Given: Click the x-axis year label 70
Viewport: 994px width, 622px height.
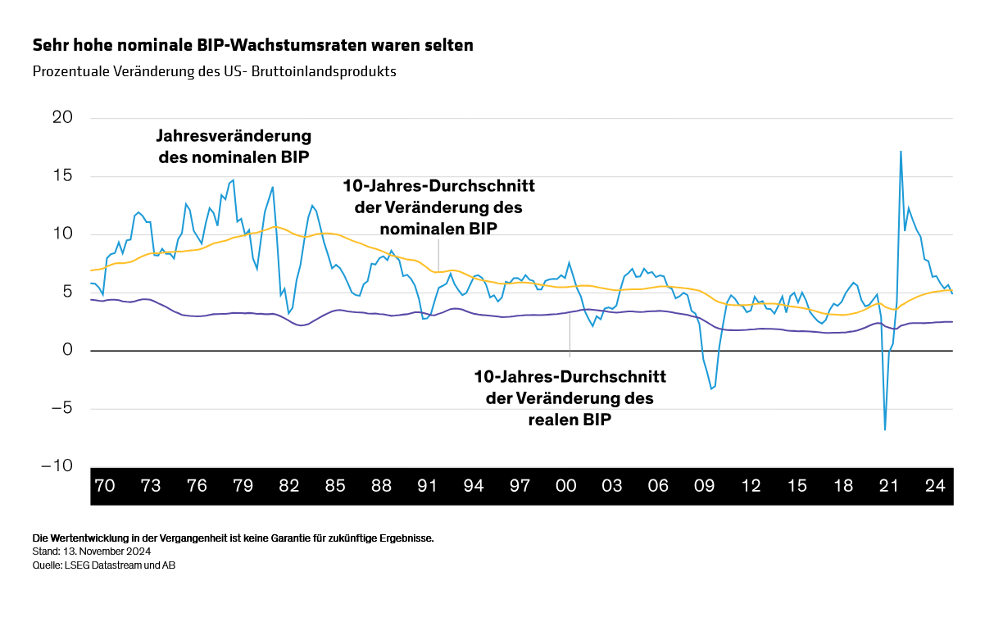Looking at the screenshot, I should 104,486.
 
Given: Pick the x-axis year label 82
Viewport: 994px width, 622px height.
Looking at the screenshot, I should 288,486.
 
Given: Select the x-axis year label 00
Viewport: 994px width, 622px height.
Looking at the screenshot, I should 565,486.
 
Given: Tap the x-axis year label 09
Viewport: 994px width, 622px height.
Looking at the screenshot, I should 704,486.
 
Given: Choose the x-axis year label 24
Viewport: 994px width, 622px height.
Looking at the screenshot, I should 935,486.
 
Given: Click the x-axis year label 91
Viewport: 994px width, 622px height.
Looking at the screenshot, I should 427,486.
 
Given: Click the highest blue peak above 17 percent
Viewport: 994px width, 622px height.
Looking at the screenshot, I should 901,152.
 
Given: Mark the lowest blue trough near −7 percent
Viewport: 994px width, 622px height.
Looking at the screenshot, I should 885,429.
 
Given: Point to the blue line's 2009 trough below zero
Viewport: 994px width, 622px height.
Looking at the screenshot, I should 711,388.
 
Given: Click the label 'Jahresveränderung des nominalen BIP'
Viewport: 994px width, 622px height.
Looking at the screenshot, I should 234,146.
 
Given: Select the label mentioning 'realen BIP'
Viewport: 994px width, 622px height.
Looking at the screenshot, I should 570,398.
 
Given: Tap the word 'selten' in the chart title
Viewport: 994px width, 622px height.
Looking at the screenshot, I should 449,45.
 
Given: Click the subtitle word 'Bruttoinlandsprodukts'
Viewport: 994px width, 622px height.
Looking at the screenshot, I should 332,71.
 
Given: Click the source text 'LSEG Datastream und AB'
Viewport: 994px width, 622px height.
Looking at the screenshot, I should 120,565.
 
